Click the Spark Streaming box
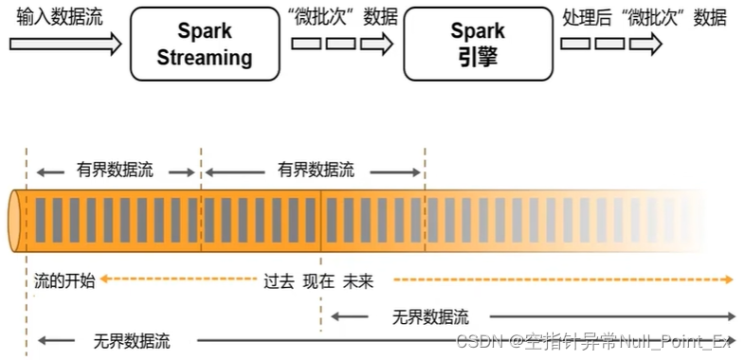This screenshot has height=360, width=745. (205, 45)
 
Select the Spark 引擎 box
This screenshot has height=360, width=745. (477, 45)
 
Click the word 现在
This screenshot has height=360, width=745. (318, 280)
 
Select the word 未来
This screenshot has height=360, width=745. (359, 280)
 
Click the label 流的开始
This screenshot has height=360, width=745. (64, 280)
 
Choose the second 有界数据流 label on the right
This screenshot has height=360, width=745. (316, 171)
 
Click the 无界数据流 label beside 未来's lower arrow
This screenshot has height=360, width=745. (430, 316)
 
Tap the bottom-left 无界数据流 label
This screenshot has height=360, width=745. (132, 339)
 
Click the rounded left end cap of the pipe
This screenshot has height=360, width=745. (16, 220)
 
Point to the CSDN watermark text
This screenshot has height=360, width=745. (597, 340)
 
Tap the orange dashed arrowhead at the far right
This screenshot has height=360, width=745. (728, 279)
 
